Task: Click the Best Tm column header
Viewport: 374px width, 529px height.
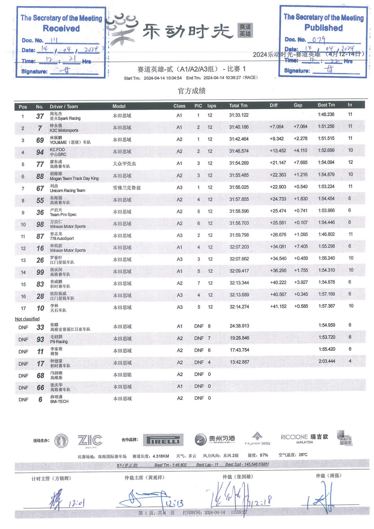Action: tap(326, 105)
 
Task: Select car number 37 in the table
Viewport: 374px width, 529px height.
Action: tap(40, 116)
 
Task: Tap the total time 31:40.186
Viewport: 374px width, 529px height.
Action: tap(239, 127)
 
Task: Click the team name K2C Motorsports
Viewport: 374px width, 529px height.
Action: tap(64, 130)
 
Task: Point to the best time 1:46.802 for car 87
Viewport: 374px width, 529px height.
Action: tap(326, 234)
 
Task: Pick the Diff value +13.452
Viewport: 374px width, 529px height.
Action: tap(278, 151)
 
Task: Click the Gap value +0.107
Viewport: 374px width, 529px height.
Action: tap(301, 223)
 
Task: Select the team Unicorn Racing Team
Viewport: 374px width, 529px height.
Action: tap(67, 190)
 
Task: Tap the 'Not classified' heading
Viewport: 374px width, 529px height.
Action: tap(27, 319)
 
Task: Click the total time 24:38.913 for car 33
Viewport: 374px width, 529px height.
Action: tap(239, 326)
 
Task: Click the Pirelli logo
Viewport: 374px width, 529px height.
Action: tap(163, 440)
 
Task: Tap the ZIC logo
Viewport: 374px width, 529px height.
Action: tap(90, 440)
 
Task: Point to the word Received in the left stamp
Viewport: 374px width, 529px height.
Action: tap(61, 28)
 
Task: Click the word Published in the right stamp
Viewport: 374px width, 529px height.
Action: tap(323, 28)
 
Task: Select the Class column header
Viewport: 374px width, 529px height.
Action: tap(179, 106)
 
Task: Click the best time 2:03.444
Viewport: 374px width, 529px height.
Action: tap(327, 361)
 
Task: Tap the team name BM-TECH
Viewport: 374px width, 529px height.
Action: tap(59, 402)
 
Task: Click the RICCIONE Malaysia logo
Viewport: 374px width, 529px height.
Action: tap(304, 439)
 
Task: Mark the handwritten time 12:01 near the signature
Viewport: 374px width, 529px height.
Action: tap(76, 503)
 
